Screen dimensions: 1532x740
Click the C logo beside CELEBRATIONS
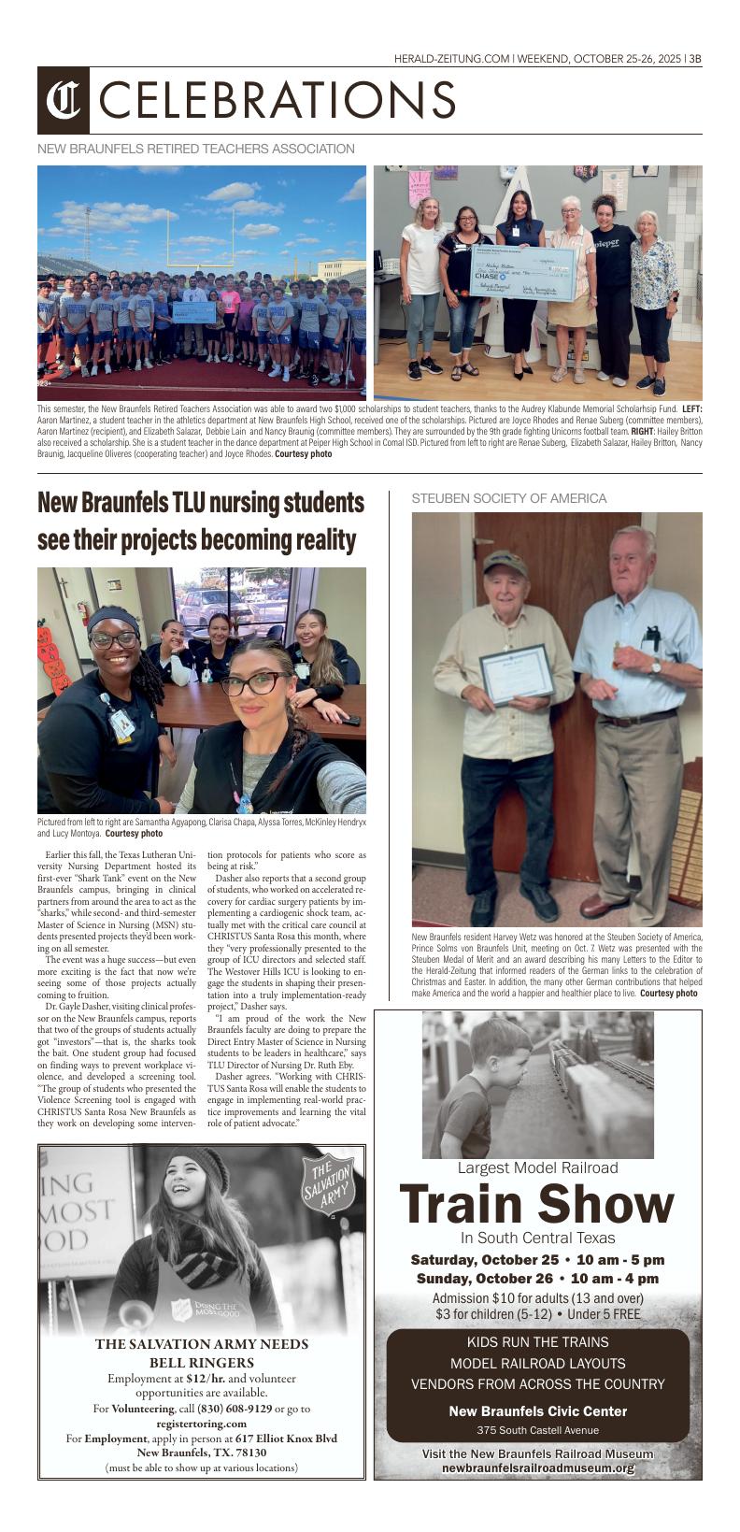click(x=63, y=100)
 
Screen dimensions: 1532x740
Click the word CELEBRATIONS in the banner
click(x=277, y=100)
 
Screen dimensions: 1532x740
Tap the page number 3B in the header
click(x=694, y=58)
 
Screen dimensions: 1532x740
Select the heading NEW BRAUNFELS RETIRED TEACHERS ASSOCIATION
click(x=196, y=149)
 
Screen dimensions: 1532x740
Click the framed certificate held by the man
click(x=517, y=673)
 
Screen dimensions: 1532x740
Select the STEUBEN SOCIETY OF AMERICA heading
click(x=509, y=499)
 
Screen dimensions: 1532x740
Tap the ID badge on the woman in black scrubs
click(x=121, y=724)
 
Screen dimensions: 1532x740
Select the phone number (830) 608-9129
click(x=234, y=1409)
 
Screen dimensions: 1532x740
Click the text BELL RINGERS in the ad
click(x=202, y=1363)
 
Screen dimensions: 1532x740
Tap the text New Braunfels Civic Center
click(x=537, y=1411)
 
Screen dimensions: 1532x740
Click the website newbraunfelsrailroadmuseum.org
click(x=537, y=1468)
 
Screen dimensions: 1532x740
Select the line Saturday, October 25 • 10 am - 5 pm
click(x=537, y=1259)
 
